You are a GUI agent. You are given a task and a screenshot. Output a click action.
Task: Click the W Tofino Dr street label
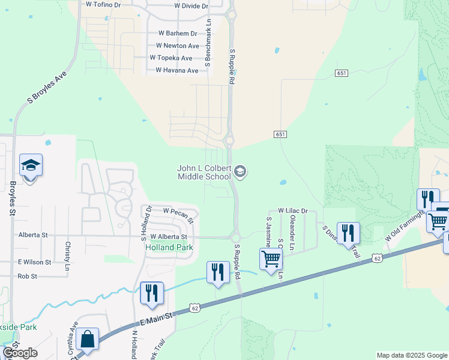[x=103, y=4]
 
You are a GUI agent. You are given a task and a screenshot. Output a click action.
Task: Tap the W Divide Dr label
[x=191, y=6]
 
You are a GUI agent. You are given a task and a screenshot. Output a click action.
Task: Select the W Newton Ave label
[x=177, y=46]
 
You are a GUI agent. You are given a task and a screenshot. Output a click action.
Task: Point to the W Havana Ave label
[x=176, y=70]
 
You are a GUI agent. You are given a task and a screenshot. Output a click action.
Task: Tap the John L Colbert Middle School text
[x=204, y=173]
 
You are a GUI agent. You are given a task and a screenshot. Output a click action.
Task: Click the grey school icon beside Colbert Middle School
[x=240, y=173]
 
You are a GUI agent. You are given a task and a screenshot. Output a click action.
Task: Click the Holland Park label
[x=169, y=247]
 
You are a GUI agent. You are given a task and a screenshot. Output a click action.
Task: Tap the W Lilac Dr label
[x=292, y=211]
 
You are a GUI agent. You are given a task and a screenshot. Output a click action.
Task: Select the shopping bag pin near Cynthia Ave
[x=88, y=339]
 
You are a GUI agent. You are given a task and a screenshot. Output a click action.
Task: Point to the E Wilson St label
[x=35, y=262]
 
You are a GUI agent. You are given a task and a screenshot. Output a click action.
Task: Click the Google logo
[x=20, y=353]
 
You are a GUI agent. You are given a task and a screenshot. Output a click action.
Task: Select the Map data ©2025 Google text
[x=411, y=355]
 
